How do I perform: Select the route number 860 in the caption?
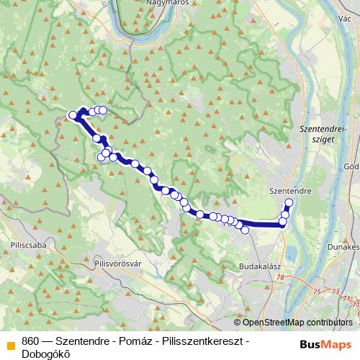(x=30, y=341)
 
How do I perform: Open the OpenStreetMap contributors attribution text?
(x=298, y=323)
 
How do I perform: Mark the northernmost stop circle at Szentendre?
(x=289, y=202)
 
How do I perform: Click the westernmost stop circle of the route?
(x=72, y=115)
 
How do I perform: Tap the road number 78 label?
(x=279, y=278)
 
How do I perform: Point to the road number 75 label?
(x=318, y=292)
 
